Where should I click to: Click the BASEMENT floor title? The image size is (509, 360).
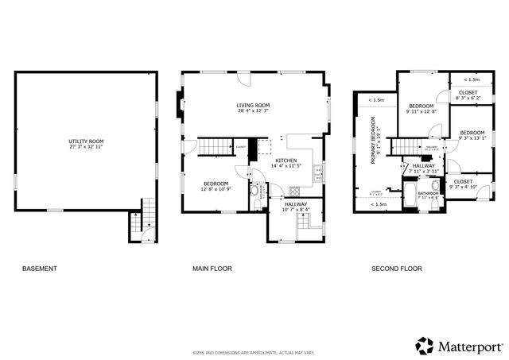(39, 269)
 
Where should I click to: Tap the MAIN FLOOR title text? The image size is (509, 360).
(212, 269)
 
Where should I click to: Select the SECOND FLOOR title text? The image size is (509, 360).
(396, 269)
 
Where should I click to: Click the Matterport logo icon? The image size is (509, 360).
(425, 345)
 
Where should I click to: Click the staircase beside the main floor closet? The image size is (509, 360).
(212, 146)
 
